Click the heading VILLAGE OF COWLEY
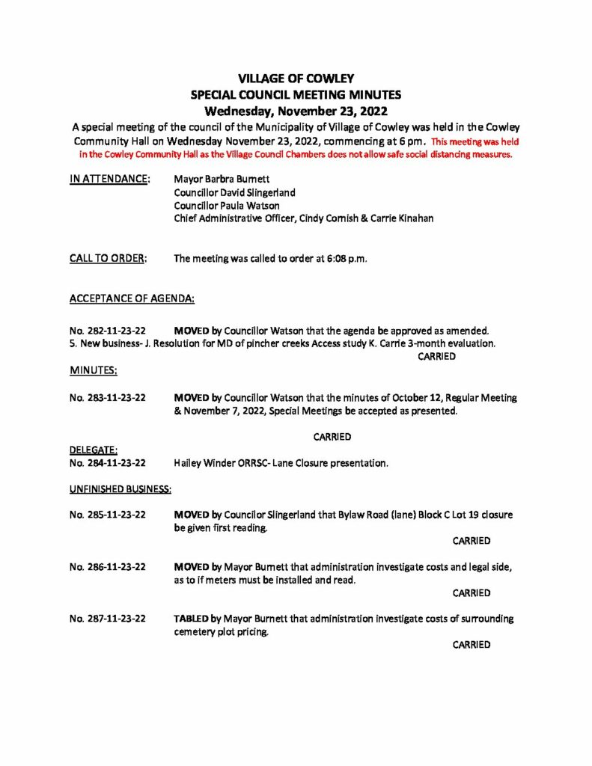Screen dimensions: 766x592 [296, 79]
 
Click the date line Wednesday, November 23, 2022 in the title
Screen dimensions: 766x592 [296, 110]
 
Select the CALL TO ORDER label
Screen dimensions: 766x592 [108, 259]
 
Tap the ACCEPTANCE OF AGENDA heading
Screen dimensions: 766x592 [132, 298]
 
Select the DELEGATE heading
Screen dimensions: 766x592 [94, 450]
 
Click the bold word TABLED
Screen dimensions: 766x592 [191, 619]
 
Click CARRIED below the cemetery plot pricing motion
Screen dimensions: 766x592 [472, 645]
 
